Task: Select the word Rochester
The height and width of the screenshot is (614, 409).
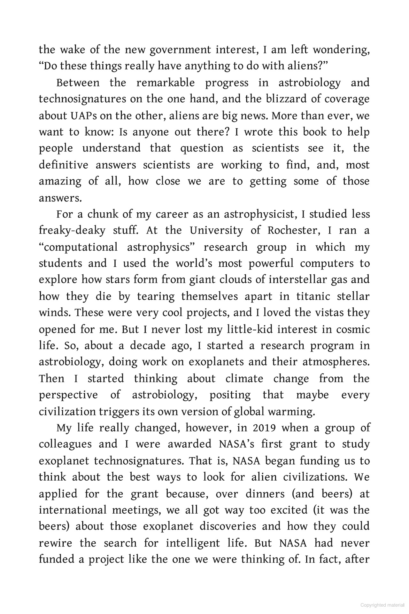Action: (294, 230)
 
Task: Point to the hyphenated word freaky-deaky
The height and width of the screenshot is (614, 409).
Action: (72, 230)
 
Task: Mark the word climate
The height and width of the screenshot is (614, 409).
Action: (244, 378)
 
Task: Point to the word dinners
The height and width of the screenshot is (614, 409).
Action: (265, 493)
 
